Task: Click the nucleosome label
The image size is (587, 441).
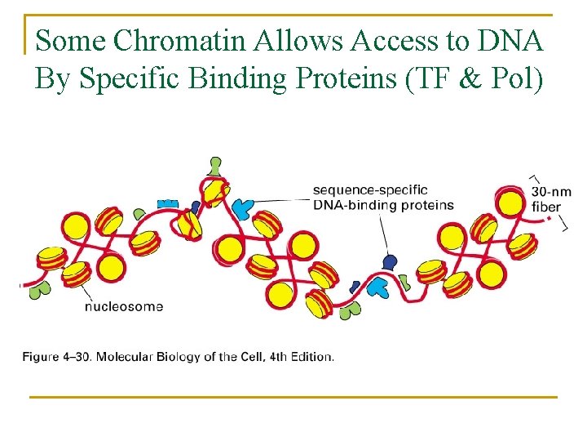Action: tap(124, 307)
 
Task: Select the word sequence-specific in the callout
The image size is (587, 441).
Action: tap(370, 190)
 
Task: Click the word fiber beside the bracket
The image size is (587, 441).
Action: tap(546, 206)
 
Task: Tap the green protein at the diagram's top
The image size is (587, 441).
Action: tap(215, 166)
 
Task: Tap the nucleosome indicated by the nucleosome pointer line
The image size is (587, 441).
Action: tap(76, 274)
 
